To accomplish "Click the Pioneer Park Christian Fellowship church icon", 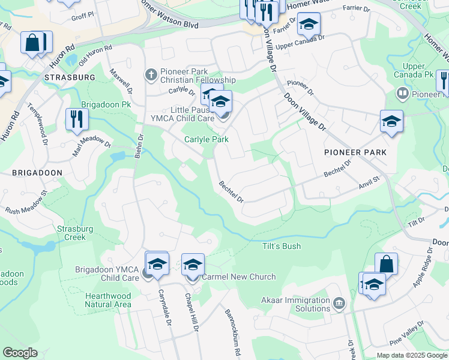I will pos(151,75).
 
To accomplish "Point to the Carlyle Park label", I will pos(206,139).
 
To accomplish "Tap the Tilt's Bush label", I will pos(281,246).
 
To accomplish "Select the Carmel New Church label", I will pos(238,277).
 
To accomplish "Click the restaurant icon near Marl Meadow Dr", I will pos(76,119).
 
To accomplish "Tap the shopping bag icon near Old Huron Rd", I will pos(34,43).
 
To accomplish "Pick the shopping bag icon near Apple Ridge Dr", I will pos(386,264).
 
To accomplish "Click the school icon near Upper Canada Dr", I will pos(309,24).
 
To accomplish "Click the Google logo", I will pos(20,353).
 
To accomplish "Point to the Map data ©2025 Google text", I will pos(411,355).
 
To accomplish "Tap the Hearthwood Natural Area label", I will pos(108,300).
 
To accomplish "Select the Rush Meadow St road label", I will pos(26,204).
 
